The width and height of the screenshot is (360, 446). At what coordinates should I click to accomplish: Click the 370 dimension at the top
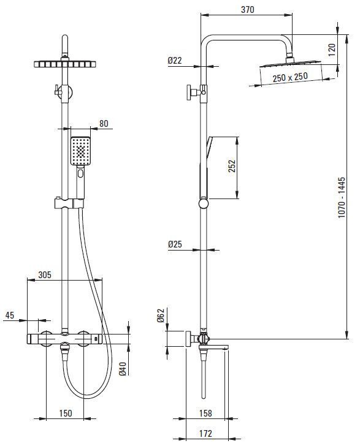point(247,9)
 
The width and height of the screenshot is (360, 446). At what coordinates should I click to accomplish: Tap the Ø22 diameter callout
point(175,60)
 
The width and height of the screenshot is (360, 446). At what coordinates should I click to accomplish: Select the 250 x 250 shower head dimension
point(290,77)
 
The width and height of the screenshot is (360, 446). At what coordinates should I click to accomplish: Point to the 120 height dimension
point(332,50)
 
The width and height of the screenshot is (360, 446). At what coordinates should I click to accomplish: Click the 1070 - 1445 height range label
point(342,198)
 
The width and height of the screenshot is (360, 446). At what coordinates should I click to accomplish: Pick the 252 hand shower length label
point(232,166)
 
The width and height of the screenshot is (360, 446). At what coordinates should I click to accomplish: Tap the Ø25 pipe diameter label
point(175,244)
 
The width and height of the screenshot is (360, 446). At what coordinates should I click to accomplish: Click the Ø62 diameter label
point(161,316)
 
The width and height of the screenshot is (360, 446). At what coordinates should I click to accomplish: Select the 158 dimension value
point(205,413)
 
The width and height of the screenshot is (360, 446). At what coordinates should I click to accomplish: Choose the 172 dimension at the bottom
point(205,434)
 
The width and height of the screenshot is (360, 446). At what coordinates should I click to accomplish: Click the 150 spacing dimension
point(65,413)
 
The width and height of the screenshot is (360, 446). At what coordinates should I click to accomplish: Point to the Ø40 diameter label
point(123,369)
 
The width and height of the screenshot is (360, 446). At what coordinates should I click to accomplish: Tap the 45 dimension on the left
point(10,315)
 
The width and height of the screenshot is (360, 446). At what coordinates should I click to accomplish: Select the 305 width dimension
point(45,274)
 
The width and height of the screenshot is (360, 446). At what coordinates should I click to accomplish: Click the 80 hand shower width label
point(104,124)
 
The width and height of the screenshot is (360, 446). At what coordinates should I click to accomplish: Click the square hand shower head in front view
point(80,151)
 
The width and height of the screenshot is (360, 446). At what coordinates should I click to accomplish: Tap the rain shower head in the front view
point(65,64)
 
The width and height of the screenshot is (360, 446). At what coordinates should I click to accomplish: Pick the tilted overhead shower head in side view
point(290,64)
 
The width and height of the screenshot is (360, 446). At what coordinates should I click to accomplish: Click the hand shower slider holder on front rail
point(69,203)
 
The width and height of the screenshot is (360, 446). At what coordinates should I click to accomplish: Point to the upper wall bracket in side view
point(196,92)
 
